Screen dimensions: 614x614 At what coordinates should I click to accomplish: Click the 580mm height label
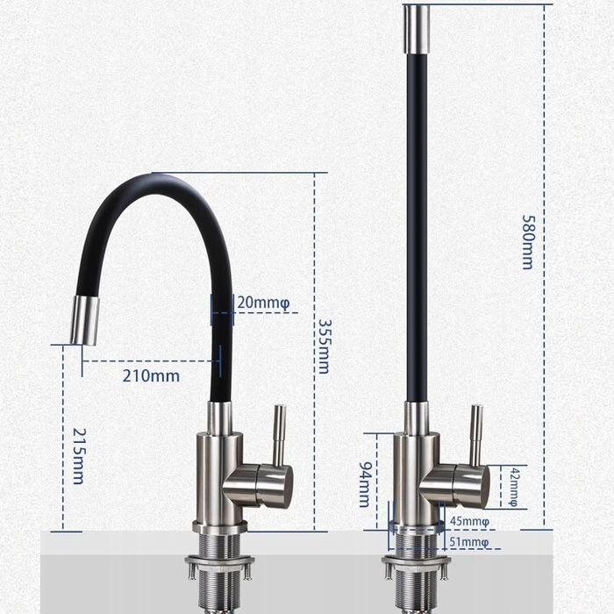click(x=528, y=242)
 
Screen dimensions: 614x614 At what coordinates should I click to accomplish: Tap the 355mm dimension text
click(x=324, y=346)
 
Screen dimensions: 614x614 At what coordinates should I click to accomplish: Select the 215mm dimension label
click(x=80, y=456)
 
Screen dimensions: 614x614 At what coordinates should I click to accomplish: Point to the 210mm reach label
click(x=151, y=376)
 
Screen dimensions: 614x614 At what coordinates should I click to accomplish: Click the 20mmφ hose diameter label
click(x=263, y=303)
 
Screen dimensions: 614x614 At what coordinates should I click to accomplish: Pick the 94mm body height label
click(x=365, y=484)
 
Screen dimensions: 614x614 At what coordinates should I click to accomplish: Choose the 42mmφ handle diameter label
click(x=514, y=487)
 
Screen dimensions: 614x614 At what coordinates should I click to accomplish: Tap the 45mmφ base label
click(x=469, y=522)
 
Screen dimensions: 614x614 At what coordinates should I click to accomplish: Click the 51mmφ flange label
click(x=469, y=542)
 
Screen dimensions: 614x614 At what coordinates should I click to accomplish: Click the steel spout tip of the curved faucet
click(x=84, y=321)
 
